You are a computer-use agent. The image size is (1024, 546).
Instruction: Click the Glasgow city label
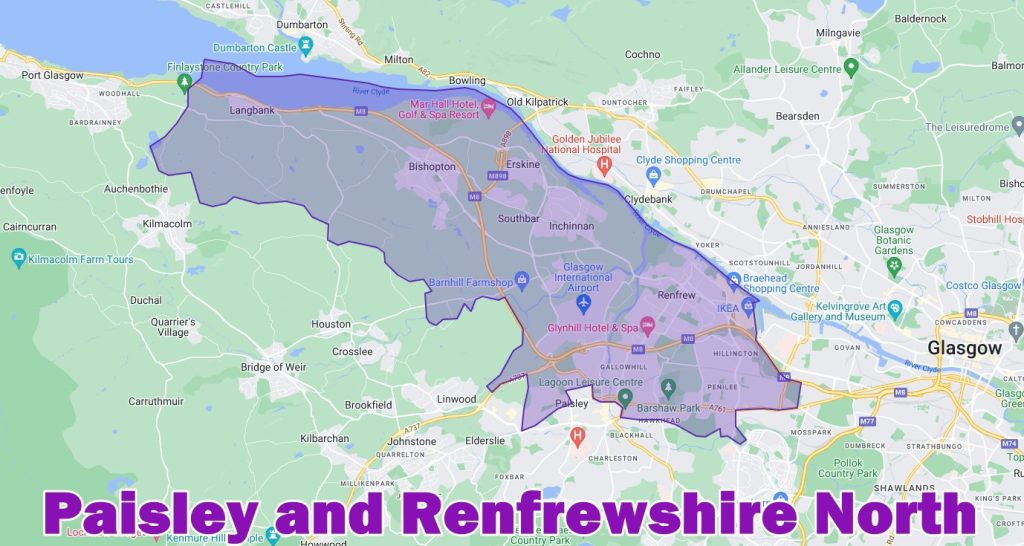coord(964,349)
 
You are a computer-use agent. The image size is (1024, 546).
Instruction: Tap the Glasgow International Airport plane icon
coord(585,302)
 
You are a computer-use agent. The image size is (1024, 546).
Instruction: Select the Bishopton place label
coord(432,167)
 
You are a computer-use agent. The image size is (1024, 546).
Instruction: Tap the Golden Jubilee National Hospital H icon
coord(604,162)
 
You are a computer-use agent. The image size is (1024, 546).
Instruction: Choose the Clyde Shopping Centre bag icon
coord(653,175)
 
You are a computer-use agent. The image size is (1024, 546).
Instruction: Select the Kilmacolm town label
coord(167,223)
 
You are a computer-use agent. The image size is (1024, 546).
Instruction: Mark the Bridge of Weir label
coord(276,367)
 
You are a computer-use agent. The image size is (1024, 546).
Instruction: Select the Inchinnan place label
coord(571,226)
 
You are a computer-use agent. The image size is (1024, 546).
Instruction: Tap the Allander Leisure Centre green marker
coord(851,68)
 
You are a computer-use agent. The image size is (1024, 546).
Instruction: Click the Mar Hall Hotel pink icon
coord(489,107)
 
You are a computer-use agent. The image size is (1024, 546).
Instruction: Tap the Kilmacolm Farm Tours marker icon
coord(18,259)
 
